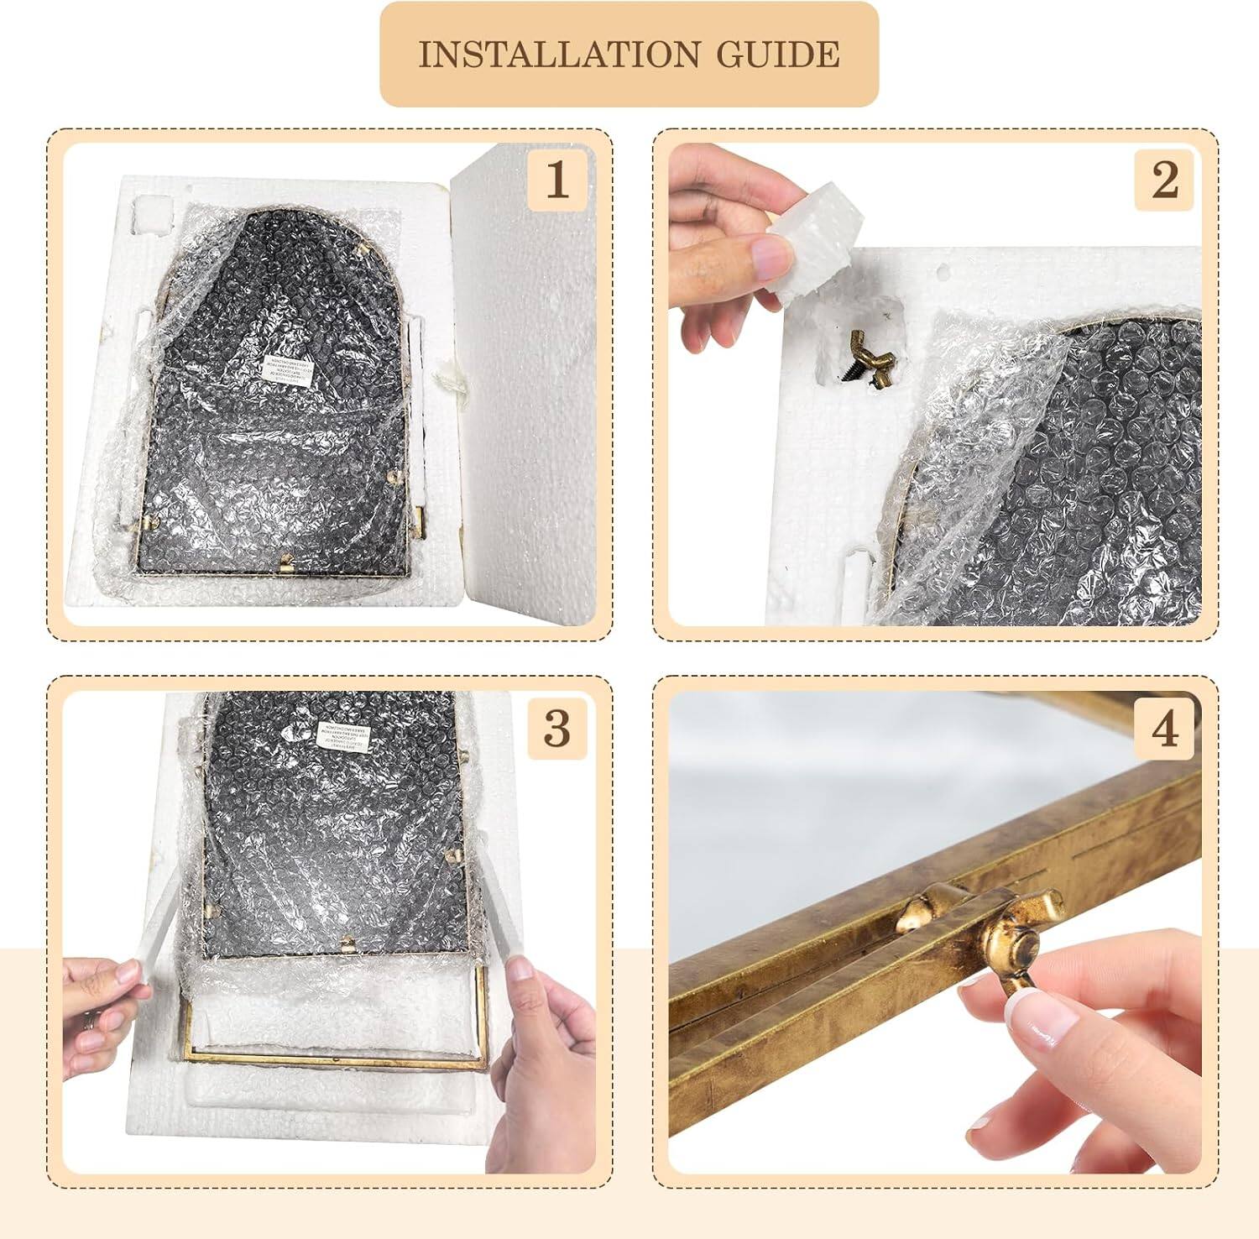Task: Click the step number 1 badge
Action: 556,180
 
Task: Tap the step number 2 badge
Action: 1163,180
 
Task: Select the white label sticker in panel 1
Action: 284,370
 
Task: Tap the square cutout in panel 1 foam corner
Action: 152,214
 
